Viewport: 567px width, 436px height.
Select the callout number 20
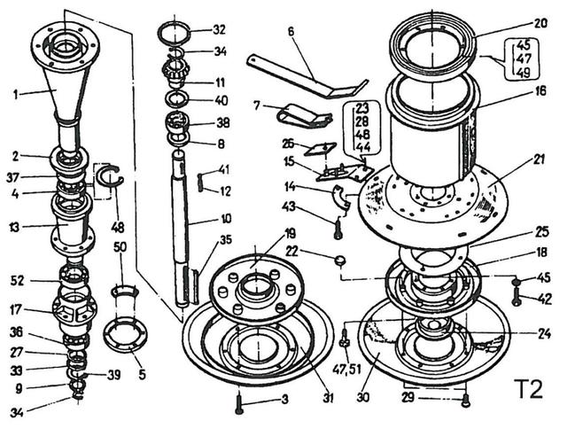pyautogui.click(x=540, y=25)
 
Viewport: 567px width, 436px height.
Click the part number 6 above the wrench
pyautogui.click(x=290, y=29)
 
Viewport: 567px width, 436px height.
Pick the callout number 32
pyautogui.click(x=219, y=29)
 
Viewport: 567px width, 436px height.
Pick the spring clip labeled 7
pyautogui.click(x=301, y=113)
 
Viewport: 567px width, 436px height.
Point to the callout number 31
pyautogui.click(x=328, y=398)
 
